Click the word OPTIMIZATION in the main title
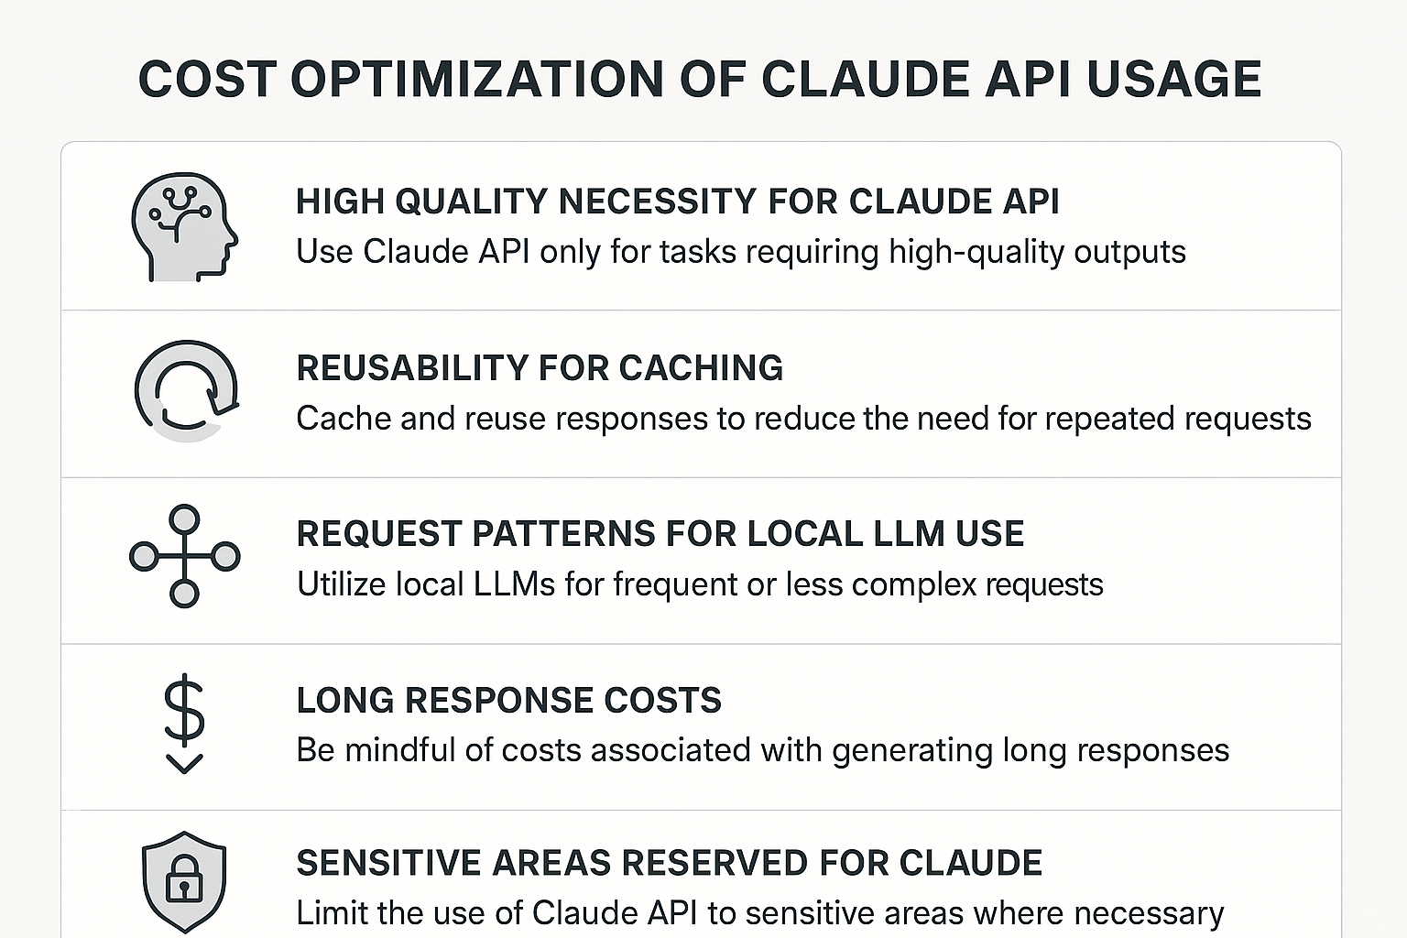(x=476, y=80)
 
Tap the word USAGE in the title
(x=1174, y=80)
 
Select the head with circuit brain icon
(x=184, y=227)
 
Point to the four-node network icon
(x=185, y=556)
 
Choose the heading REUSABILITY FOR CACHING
(x=540, y=368)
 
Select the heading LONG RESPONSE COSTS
(x=508, y=701)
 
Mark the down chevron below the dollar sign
(x=184, y=763)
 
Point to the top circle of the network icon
(x=185, y=519)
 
